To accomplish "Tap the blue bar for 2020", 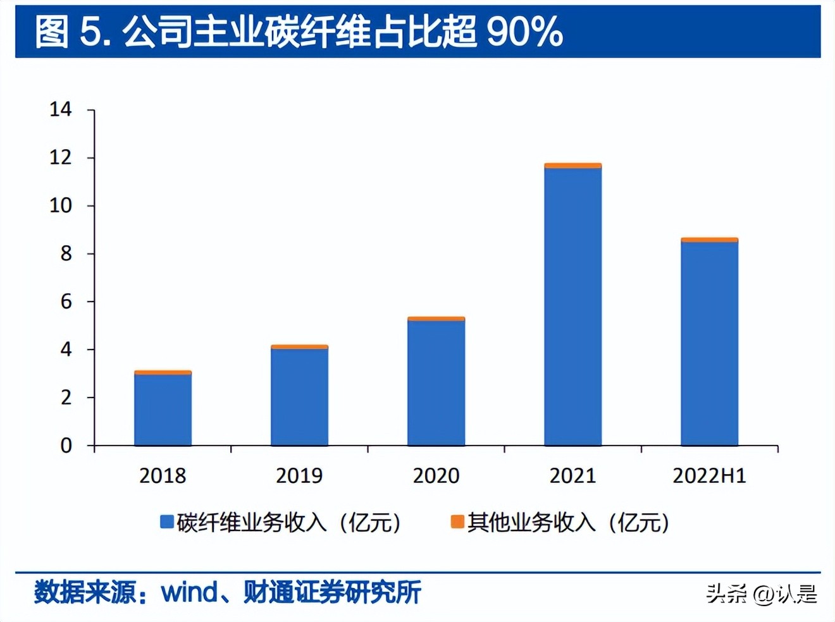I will (x=436, y=383).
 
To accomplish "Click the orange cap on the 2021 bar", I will (x=572, y=166).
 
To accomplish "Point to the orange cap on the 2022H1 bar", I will (x=709, y=240).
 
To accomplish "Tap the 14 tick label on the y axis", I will (x=61, y=109).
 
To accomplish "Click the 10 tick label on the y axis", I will (x=61, y=205).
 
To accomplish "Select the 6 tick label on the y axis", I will (x=66, y=302).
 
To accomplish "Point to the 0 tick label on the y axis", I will (x=66, y=446).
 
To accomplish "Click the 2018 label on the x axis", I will (x=163, y=475).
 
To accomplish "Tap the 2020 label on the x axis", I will (x=436, y=475).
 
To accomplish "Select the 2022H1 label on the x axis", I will (x=709, y=475).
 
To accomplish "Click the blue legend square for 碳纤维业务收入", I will (x=167, y=521).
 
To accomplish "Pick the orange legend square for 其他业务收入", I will (x=457, y=521).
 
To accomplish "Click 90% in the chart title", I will (x=524, y=32).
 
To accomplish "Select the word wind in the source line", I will (x=189, y=592).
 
